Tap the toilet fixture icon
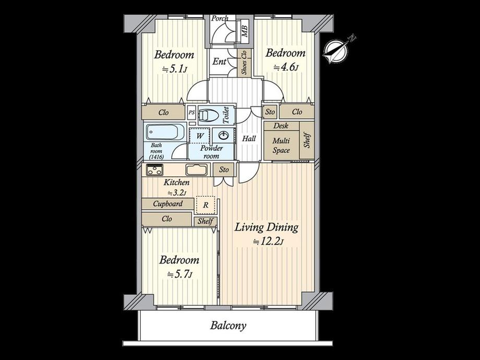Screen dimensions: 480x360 click(x=209, y=115)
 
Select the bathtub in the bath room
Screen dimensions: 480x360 click(x=165, y=132)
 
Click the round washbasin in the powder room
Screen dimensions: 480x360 click(x=223, y=135)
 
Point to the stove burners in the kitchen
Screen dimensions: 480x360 click(x=154, y=170)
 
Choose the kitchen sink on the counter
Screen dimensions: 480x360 click(x=196, y=170)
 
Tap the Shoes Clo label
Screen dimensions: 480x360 click(x=245, y=62)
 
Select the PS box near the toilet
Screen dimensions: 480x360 click(x=191, y=112)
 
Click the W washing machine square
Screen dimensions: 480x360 click(x=200, y=136)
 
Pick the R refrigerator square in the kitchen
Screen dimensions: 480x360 click(x=206, y=205)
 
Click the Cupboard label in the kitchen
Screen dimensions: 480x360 click(x=168, y=204)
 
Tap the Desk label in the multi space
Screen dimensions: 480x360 click(x=281, y=126)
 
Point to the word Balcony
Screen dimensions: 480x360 click(x=228, y=326)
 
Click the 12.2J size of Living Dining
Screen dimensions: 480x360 click(x=268, y=242)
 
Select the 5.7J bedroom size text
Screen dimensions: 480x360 click(x=179, y=274)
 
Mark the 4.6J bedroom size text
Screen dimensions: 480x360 click(x=285, y=67)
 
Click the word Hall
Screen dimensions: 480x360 click(x=249, y=139)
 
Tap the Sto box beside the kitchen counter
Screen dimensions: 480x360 click(x=224, y=170)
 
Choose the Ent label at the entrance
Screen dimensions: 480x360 click(x=220, y=62)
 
